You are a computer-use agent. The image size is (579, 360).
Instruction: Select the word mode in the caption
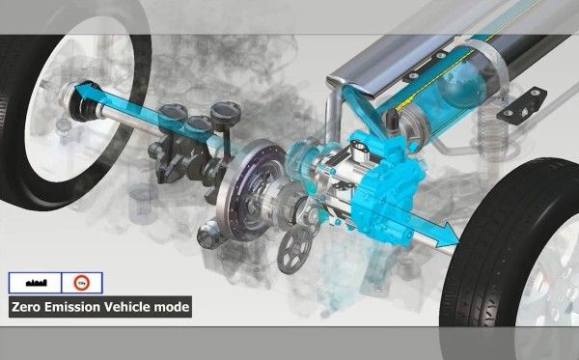coord(176,308)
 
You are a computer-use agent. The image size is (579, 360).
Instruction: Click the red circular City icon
coord(80,283)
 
